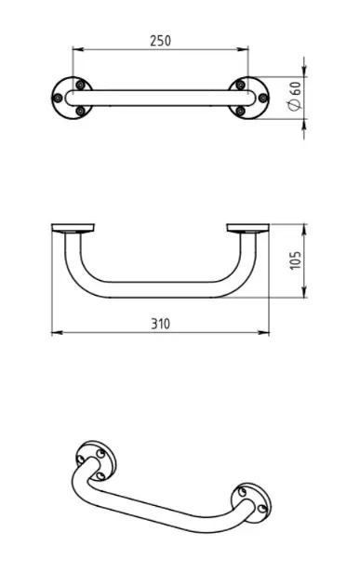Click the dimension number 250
point(160,40)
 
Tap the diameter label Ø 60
point(295,96)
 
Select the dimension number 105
point(295,260)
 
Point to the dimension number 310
point(160,324)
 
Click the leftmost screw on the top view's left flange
point(58,99)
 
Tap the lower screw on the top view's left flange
point(80,111)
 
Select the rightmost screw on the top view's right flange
point(263,99)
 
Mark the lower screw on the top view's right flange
point(241,111)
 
